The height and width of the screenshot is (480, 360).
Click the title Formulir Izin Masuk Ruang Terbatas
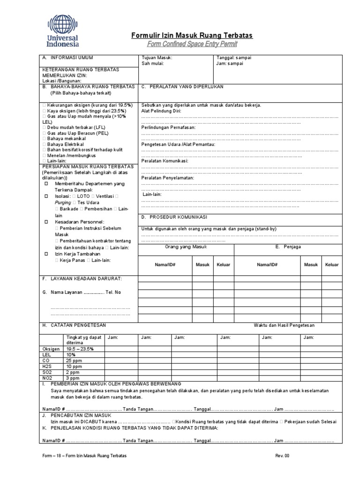192,36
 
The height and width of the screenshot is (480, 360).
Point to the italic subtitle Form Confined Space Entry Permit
192,44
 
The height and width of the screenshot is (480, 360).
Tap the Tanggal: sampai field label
234,58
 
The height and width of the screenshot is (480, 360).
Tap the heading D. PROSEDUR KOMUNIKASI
175,217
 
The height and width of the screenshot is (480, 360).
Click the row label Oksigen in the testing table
51,349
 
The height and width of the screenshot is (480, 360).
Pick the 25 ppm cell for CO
74,360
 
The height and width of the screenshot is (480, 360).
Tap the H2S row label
47,366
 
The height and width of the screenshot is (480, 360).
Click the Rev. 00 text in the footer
283,456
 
